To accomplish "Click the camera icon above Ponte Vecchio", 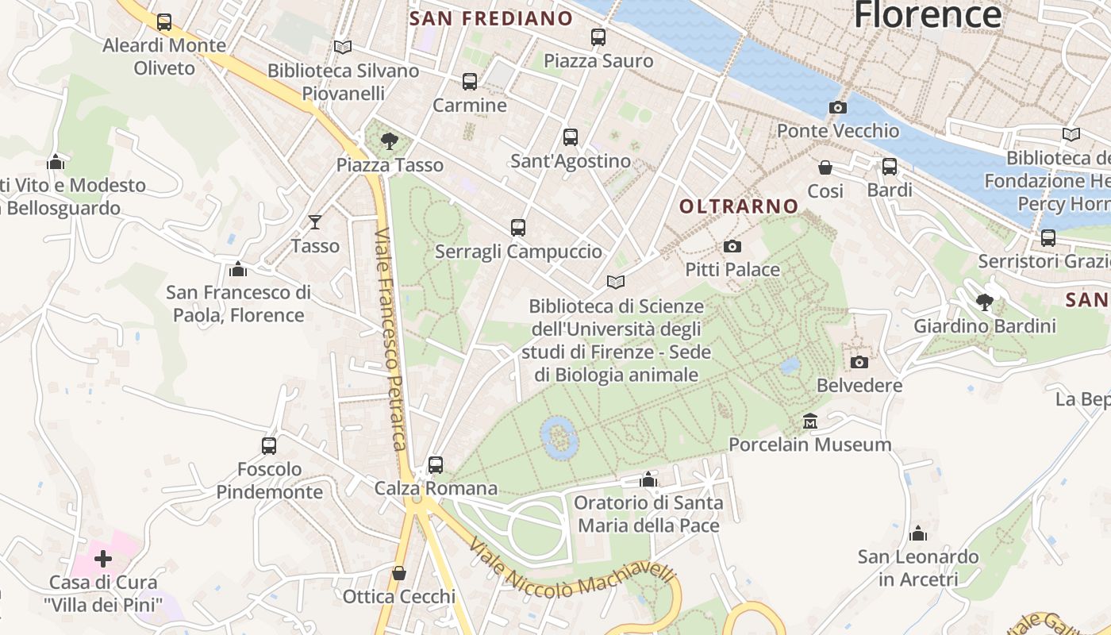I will [837, 107].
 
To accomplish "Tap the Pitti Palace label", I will [732, 270].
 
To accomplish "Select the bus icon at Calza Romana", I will [435, 464].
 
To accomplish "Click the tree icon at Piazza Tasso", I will [389, 141].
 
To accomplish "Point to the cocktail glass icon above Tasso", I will [315, 222].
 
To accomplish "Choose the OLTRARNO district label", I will [739, 206].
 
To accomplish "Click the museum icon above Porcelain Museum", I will [809, 421].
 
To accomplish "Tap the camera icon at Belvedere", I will [859, 362].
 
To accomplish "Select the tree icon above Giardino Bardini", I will [985, 302].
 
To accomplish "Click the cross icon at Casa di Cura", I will [103, 559].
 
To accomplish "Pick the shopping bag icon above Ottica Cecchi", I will [399, 573].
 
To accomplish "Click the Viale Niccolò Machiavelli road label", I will [571, 568].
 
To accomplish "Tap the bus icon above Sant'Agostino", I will [570, 137].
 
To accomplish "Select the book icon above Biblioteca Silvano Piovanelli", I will [342, 47].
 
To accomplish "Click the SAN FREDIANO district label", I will [491, 18].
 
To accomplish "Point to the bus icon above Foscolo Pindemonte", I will [269, 445].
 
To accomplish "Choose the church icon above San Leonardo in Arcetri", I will [918, 533].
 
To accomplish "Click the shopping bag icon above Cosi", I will [825, 167].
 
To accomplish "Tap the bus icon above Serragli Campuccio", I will [518, 228].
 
